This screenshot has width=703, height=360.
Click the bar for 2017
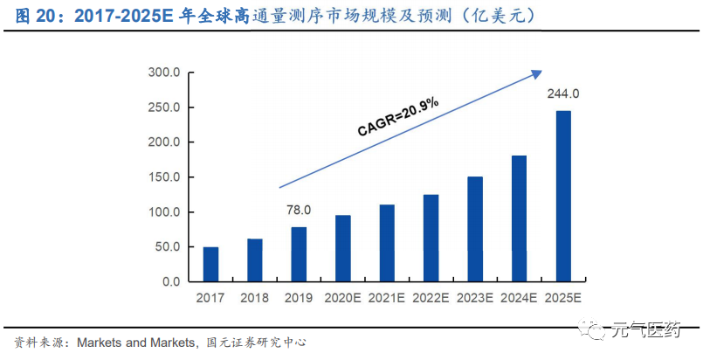pyautogui.click(x=210, y=265)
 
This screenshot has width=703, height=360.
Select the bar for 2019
pyautogui.click(x=299, y=254)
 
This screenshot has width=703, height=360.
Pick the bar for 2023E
pyautogui.click(x=475, y=229)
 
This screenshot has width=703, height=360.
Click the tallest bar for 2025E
pyautogui.click(x=563, y=197)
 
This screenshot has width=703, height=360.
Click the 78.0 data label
pyautogui.click(x=299, y=211)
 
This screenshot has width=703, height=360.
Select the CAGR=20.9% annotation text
pyautogui.click(x=398, y=117)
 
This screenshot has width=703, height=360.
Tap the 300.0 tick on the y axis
pyautogui.click(x=163, y=73)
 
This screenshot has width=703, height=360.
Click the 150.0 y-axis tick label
pyautogui.click(x=163, y=177)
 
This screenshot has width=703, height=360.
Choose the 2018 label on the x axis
pyautogui.click(x=254, y=299)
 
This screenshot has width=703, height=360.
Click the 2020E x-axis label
pyautogui.click(x=342, y=299)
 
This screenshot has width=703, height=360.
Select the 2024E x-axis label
pyautogui.click(x=519, y=299)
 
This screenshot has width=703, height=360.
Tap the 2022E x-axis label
pyautogui.click(x=431, y=299)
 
